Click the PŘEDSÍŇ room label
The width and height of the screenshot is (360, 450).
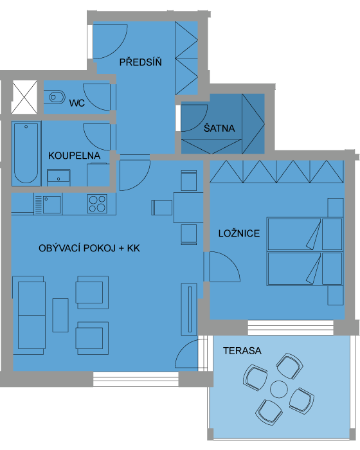pos(140,62)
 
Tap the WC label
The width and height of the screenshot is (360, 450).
pos(77,103)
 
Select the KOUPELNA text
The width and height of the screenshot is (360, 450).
pos(74,156)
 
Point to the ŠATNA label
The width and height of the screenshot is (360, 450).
pos(219,128)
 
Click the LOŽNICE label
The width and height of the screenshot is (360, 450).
pos(239,233)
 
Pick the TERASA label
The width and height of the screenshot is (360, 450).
pos(242,351)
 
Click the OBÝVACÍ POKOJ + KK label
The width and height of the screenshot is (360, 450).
pos(89,248)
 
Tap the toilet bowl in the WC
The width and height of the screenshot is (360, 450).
pos(54,97)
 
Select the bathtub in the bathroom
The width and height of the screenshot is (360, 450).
pos(26,153)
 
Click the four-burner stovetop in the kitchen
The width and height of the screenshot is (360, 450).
pos(97,204)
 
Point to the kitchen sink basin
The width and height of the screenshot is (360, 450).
pos(51,204)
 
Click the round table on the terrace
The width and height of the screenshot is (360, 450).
pos(279,390)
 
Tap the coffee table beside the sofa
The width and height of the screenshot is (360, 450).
pos(60,315)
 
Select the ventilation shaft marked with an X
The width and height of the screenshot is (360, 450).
pos(24,97)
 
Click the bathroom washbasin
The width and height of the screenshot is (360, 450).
pos(59,176)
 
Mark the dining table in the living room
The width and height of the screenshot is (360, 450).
pos(188,208)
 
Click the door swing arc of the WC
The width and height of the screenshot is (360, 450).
pos(91,102)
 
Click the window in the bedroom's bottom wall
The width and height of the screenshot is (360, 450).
pos(291,328)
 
